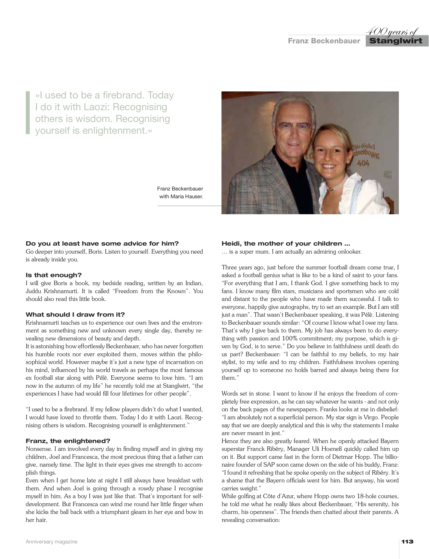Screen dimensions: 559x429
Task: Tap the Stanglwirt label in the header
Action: tap(396, 41)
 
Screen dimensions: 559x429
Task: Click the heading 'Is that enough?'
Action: tap(54, 275)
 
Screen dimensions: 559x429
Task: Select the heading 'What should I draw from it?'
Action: tap(75, 314)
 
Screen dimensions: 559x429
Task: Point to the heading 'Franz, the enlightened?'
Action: tap(68, 441)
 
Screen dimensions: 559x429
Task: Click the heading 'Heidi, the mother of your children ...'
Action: tap(286, 244)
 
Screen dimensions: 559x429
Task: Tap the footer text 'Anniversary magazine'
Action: tap(51, 542)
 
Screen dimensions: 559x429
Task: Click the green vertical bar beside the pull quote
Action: tap(28, 113)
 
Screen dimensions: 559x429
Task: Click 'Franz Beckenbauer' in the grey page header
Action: tap(324, 41)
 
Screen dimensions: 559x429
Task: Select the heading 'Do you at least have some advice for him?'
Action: tap(102, 244)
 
